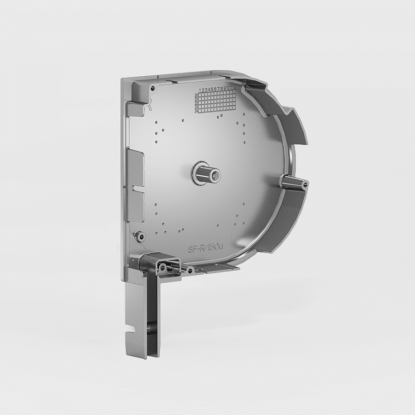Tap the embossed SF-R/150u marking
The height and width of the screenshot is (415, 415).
[x=205, y=248]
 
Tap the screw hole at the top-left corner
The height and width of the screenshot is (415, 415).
[x=152, y=88]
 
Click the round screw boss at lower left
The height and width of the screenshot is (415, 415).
[x=139, y=236]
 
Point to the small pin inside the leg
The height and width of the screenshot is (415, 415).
[x=149, y=327]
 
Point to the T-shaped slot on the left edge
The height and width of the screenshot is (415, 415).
[x=134, y=186]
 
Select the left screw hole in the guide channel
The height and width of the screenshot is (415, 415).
[x=162, y=268]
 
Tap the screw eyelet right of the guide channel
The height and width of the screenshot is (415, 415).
[x=190, y=270]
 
